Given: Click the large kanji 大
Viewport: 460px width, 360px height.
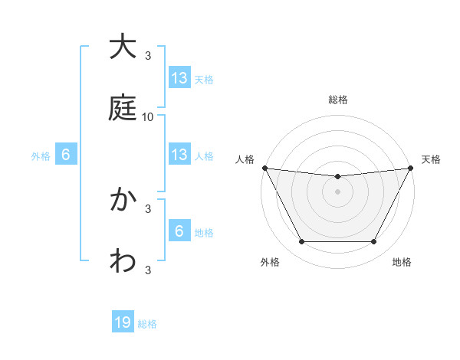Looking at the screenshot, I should tap(123, 47).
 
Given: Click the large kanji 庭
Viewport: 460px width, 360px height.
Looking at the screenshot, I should tap(123, 107).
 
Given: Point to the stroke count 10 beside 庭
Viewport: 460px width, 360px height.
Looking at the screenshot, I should tap(148, 116).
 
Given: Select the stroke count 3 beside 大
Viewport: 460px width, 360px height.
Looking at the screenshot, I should tap(148, 55).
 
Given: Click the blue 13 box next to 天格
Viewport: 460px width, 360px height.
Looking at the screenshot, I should tap(179, 77).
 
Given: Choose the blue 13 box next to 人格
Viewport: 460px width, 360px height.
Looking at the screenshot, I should tap(179, 155).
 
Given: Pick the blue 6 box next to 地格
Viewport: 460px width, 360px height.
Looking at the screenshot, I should tap(179, 231).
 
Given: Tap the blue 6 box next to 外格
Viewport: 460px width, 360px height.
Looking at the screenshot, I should tap(66, 155).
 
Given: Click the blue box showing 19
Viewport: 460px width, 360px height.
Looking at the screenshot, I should tap(123, 322).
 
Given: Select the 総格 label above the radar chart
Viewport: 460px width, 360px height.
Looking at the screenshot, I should tap(338, 100).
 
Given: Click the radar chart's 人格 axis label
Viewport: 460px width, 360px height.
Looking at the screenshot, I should tap(245, 159).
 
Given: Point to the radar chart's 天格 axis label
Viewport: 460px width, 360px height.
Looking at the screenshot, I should tap(432, 159).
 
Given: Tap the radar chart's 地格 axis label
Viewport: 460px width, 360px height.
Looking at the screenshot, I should tap(402, 262).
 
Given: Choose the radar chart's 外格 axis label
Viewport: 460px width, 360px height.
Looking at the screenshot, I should tap(270, 262).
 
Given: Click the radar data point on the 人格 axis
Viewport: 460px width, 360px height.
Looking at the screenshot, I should tap(264, 168).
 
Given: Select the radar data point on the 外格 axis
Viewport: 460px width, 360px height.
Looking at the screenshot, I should tap(301, 242).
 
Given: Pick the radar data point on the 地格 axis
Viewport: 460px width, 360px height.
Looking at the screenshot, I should tap(374, 242).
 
